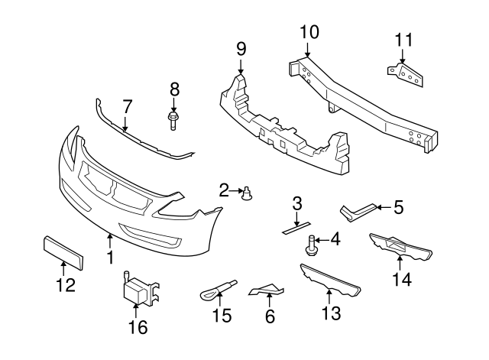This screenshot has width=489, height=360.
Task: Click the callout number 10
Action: pyautogui.click(x=309, y=32)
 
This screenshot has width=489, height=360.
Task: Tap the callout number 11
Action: pyautogui.click(x=403, y=40)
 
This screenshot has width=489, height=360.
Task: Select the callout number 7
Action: pyautogui.click(x=127, y=105)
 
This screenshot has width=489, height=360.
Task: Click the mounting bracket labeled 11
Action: pyautogui.click(x=404, y=74)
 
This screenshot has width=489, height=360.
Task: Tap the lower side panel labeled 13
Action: pyautogui.click(x=330, y=281)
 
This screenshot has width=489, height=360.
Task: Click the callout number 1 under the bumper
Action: pyautogui.click(x=110, y=258)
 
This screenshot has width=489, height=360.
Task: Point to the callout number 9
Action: pyautogui.click(x=241, y=49)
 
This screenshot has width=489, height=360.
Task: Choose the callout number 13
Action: pyautogui.click(x=330, y=313)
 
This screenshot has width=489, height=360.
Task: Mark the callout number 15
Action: pyautogui.click(x=221, y=316)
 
